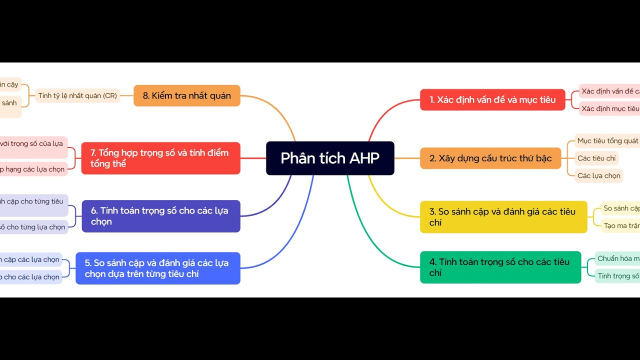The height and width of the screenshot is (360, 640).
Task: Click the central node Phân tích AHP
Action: pyautogui.click(x=330, y=158)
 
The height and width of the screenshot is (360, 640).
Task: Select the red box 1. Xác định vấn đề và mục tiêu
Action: pyautogui.click(x=492, y=99)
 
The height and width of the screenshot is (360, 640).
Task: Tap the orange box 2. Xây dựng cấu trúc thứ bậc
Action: pyautogui.click(x=490, y=158)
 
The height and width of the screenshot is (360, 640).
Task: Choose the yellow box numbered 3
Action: pyautogui.click(x=503, y=217)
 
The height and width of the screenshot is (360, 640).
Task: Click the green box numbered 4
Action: pyautogui.click(x=500, y=267)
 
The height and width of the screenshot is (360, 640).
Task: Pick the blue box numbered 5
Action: pyautogui.click(x=157, y=268)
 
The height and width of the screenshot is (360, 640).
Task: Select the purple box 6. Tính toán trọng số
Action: pyautogui.click(x=160, y=216)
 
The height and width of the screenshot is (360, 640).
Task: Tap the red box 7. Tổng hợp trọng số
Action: pyautogui.click(x=160, y=158)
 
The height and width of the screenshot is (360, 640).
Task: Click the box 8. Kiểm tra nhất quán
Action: pyautogui.click(x=186, y=95)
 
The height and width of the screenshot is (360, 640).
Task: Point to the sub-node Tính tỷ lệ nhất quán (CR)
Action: pyautogui.click(x=77, y=95)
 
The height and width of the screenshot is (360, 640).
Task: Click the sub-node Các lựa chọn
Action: pyautogui.click(x=598, y=175)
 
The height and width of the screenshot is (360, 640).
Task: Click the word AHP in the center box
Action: pyautogui.click(x=364, y=158)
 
